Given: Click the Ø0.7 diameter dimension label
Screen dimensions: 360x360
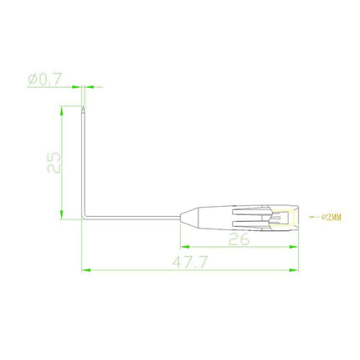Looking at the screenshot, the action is tap(44, 80).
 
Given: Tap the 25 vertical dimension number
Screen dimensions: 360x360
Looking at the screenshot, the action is tap(54, 162).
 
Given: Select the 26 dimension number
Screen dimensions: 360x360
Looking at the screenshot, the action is tap(239, 239).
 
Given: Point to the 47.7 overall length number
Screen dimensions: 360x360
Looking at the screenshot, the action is tap(190, 262).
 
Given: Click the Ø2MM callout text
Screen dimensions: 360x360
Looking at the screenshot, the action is tap(332, 217).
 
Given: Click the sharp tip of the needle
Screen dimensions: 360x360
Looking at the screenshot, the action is tap(83, 106).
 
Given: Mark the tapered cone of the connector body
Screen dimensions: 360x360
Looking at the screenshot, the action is tap(189, 217).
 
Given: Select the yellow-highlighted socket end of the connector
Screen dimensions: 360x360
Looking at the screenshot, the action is tap(284, 219).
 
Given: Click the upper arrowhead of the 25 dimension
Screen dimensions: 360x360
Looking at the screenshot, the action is tap(62, 111).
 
